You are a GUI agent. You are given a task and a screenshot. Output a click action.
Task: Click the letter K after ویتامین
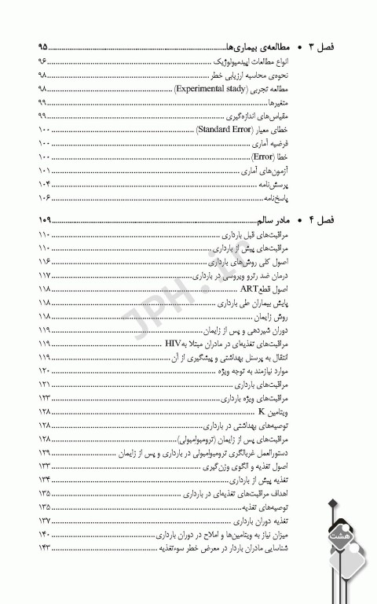(260, 411)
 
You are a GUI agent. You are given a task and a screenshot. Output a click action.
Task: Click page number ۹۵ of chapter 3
(43, 46)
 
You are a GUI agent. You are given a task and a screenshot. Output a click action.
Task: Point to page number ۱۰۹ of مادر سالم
(45, 219)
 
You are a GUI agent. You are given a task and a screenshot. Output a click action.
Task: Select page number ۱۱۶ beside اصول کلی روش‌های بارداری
(44, 262)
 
